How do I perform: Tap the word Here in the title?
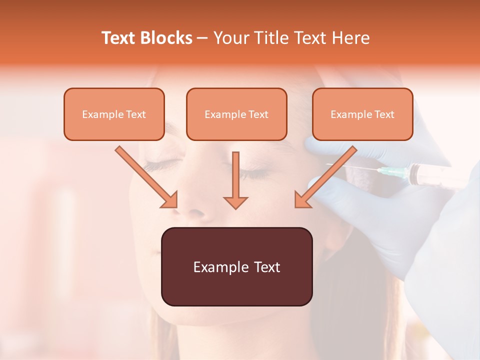click(349, 38)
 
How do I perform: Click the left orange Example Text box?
click(114, 114)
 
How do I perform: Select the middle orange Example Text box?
click(236, 114)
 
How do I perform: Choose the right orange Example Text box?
click(362, 114)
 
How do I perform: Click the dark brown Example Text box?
click(236, 266)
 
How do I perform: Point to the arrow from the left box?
click(146, 176)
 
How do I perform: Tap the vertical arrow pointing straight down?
click(235, 180)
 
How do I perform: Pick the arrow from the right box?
click(325, 176)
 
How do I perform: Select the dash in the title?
click(202, 38)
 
